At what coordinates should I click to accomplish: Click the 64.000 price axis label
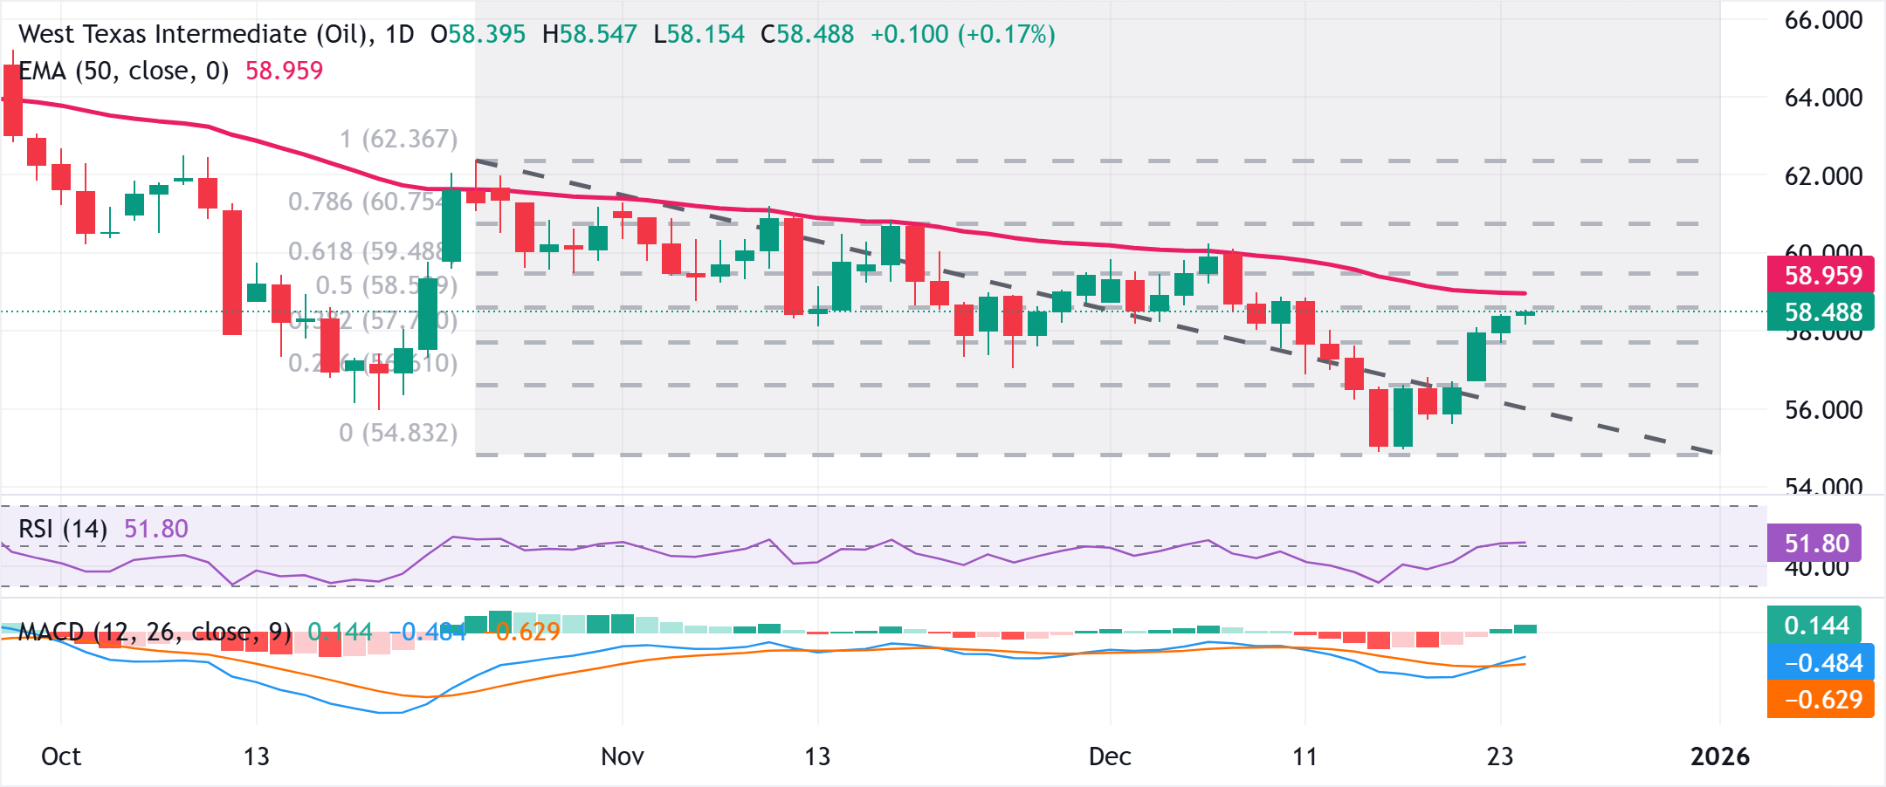(1823, 98)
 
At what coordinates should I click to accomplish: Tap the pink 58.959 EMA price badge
(1823, 276)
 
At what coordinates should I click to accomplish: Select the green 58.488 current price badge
(1823, 312)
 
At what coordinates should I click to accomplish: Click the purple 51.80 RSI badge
(1816, 544)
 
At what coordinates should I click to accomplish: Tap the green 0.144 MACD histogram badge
(1816, 626)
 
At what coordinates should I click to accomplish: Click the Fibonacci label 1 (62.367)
(398, 140)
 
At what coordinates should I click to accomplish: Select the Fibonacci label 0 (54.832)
(398, 433)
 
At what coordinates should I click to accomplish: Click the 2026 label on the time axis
(1719, 756)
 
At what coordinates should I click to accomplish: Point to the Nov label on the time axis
(622, 756)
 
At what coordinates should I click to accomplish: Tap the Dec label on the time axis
(1109, 756)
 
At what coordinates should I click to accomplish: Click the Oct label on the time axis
(61, 756)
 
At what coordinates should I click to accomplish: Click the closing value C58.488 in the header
(807, 35)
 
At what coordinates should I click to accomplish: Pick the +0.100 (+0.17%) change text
(962, 35)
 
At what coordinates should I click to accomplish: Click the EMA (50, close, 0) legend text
(124, 72)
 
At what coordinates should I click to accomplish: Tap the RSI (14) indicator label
(63, 530)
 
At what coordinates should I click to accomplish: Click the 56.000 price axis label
(1823, 410)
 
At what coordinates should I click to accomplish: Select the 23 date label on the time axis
(1499, 756)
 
